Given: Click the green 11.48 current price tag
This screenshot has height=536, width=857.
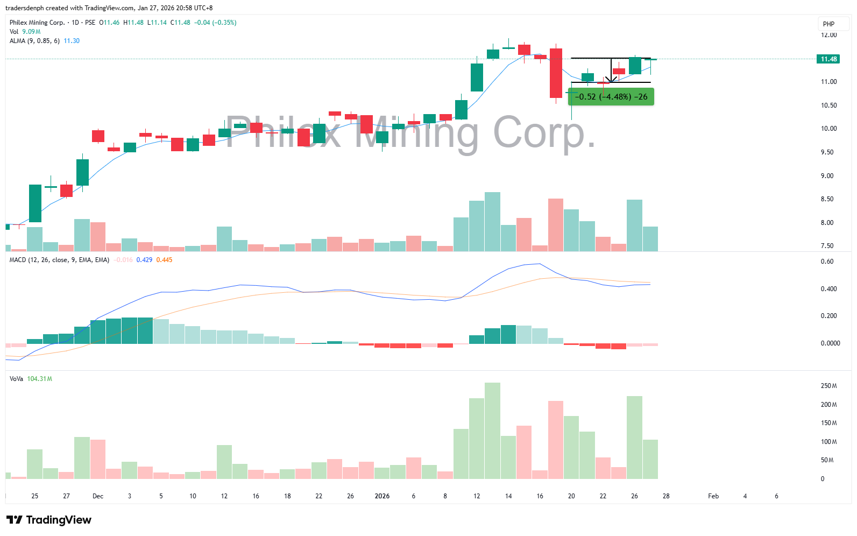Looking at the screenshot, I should pos(828,59).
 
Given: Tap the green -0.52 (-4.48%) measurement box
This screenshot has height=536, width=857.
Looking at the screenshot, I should pos(611,97).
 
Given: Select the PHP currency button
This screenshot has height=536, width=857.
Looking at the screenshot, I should pos(828,24).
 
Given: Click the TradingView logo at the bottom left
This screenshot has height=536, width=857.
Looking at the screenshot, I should pos(49,520).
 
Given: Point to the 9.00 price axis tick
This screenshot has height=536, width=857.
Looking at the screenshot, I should pos(827,176).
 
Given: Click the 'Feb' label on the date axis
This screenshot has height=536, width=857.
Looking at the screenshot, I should pos(713,496).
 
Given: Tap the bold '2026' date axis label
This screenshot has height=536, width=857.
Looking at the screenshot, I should pos(382,496).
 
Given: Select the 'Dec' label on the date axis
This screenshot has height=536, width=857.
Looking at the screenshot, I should pos(98,496).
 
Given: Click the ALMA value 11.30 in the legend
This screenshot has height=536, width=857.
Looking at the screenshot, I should pos(72,41).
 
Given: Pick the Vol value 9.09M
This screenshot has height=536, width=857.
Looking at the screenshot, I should pos(31,32).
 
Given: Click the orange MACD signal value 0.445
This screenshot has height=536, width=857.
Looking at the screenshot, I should pos(164,260).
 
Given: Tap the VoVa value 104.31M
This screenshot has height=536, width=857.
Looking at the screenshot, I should pos(40,379).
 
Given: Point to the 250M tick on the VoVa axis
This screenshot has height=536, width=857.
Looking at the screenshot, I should pos(828,386).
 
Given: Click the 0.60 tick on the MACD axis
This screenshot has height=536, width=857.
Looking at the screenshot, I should pos(827,262).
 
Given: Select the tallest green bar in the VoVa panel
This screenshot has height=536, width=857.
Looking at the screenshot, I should pos(492,431).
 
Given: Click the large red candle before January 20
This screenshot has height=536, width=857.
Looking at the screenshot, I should pos(556,73).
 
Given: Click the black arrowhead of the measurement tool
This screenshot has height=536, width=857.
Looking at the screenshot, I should pos(611,80).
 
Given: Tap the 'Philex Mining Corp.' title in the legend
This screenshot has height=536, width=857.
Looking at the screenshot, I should pos(37,23).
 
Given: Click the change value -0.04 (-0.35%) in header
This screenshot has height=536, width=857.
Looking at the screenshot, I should pos(215,23).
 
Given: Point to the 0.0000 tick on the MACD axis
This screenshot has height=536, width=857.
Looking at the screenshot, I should pos(830,343).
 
